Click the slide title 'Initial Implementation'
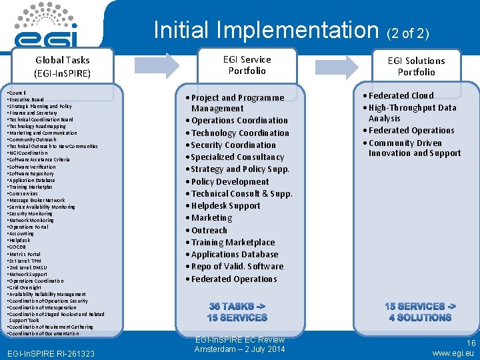pyautogui.click(x=265, y=29)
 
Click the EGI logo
pyautogui.click(x=47, y=25)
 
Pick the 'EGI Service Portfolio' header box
pyautogui.click(x=247, y=65)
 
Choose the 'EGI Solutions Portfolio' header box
pyautogui.click(x=416, y=66)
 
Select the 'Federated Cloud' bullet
pyautogui.click(x=400, y=95)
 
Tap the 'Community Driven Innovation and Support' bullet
pyautogui.click(x=414, y=148)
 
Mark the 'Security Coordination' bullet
pyautogui.click(x=233, y=145)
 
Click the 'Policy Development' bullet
pyautogui.click(x=229, y=181)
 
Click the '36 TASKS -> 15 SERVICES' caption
pyautogui.click(x=237, y=312)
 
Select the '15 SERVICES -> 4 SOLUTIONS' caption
pyautogui.click(x=420, y=312)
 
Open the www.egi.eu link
pyautogui.click(x=453, y=353)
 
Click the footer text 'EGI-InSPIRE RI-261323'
pyautogui.click(x=49, y=353)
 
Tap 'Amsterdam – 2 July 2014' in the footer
pyautogui.click(x=239, y=349)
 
